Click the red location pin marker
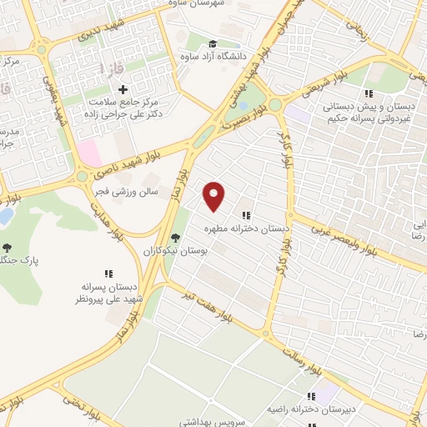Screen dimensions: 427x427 tap(215, 195)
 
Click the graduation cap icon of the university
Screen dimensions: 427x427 tap(212, 43)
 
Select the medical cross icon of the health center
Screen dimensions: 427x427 tap(123, 89)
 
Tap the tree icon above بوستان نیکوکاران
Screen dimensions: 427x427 tap(174, 238)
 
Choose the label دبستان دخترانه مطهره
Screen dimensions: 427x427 tap(246, 227)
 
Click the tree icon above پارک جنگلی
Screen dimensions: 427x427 tap(8, 247)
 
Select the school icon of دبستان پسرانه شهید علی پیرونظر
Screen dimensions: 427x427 tap(108, 273)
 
